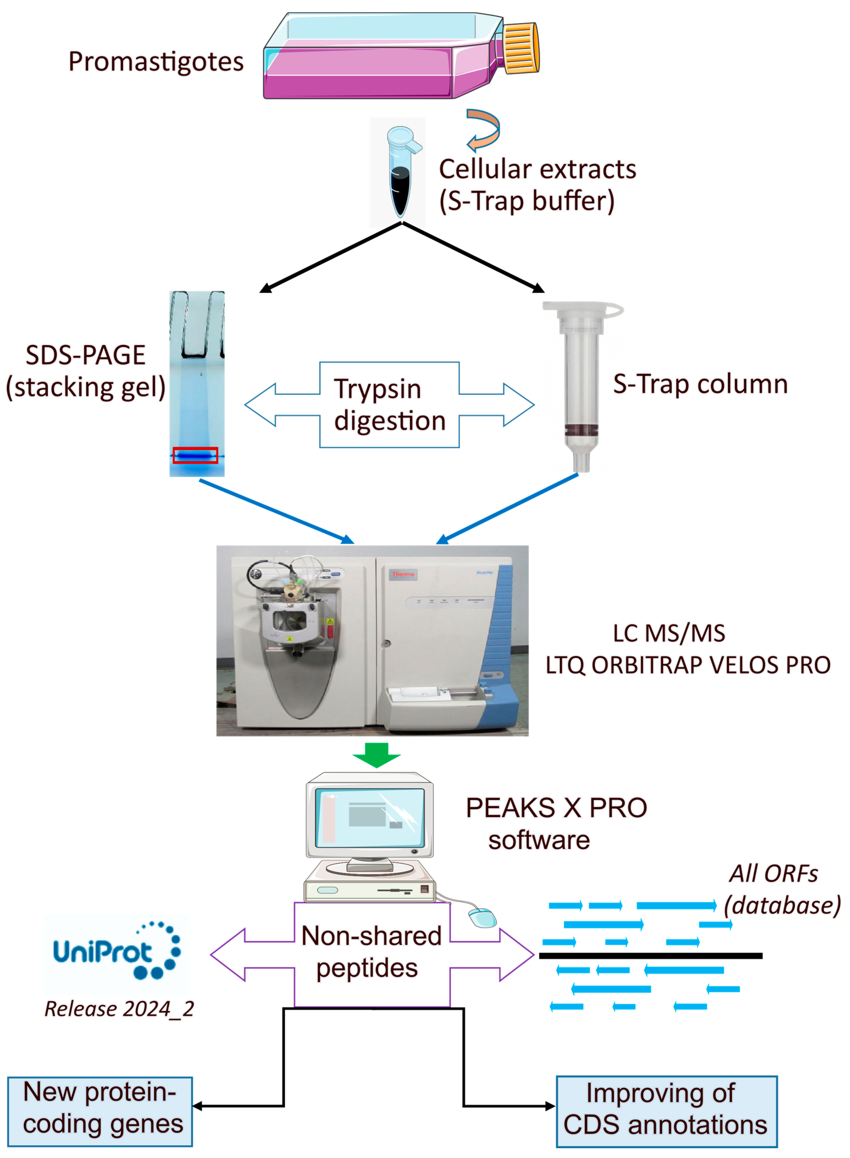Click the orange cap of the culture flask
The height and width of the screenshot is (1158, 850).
point(521,48)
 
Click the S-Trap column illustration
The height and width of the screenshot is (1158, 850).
point(582,386)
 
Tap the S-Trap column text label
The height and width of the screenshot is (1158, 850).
point(700,384)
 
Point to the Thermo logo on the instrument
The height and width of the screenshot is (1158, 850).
point(403,574)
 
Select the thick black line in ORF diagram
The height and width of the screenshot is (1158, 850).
point(650,956)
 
